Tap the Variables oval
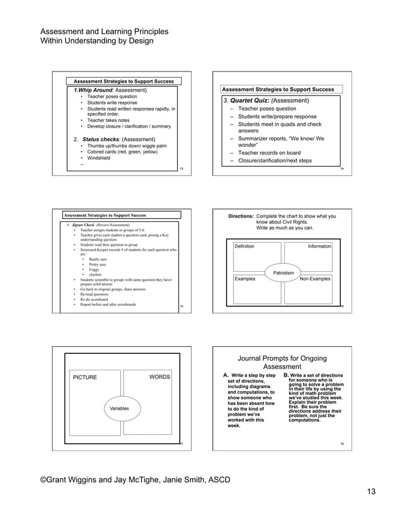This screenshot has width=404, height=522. click(120, 408)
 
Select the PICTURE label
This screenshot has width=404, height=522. click(85, 377)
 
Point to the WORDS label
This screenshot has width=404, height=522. click(160, 377)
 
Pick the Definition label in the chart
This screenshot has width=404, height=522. click(244, 246)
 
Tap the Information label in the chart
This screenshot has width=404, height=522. click(319, 246)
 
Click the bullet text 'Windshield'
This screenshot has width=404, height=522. click(98, 158)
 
